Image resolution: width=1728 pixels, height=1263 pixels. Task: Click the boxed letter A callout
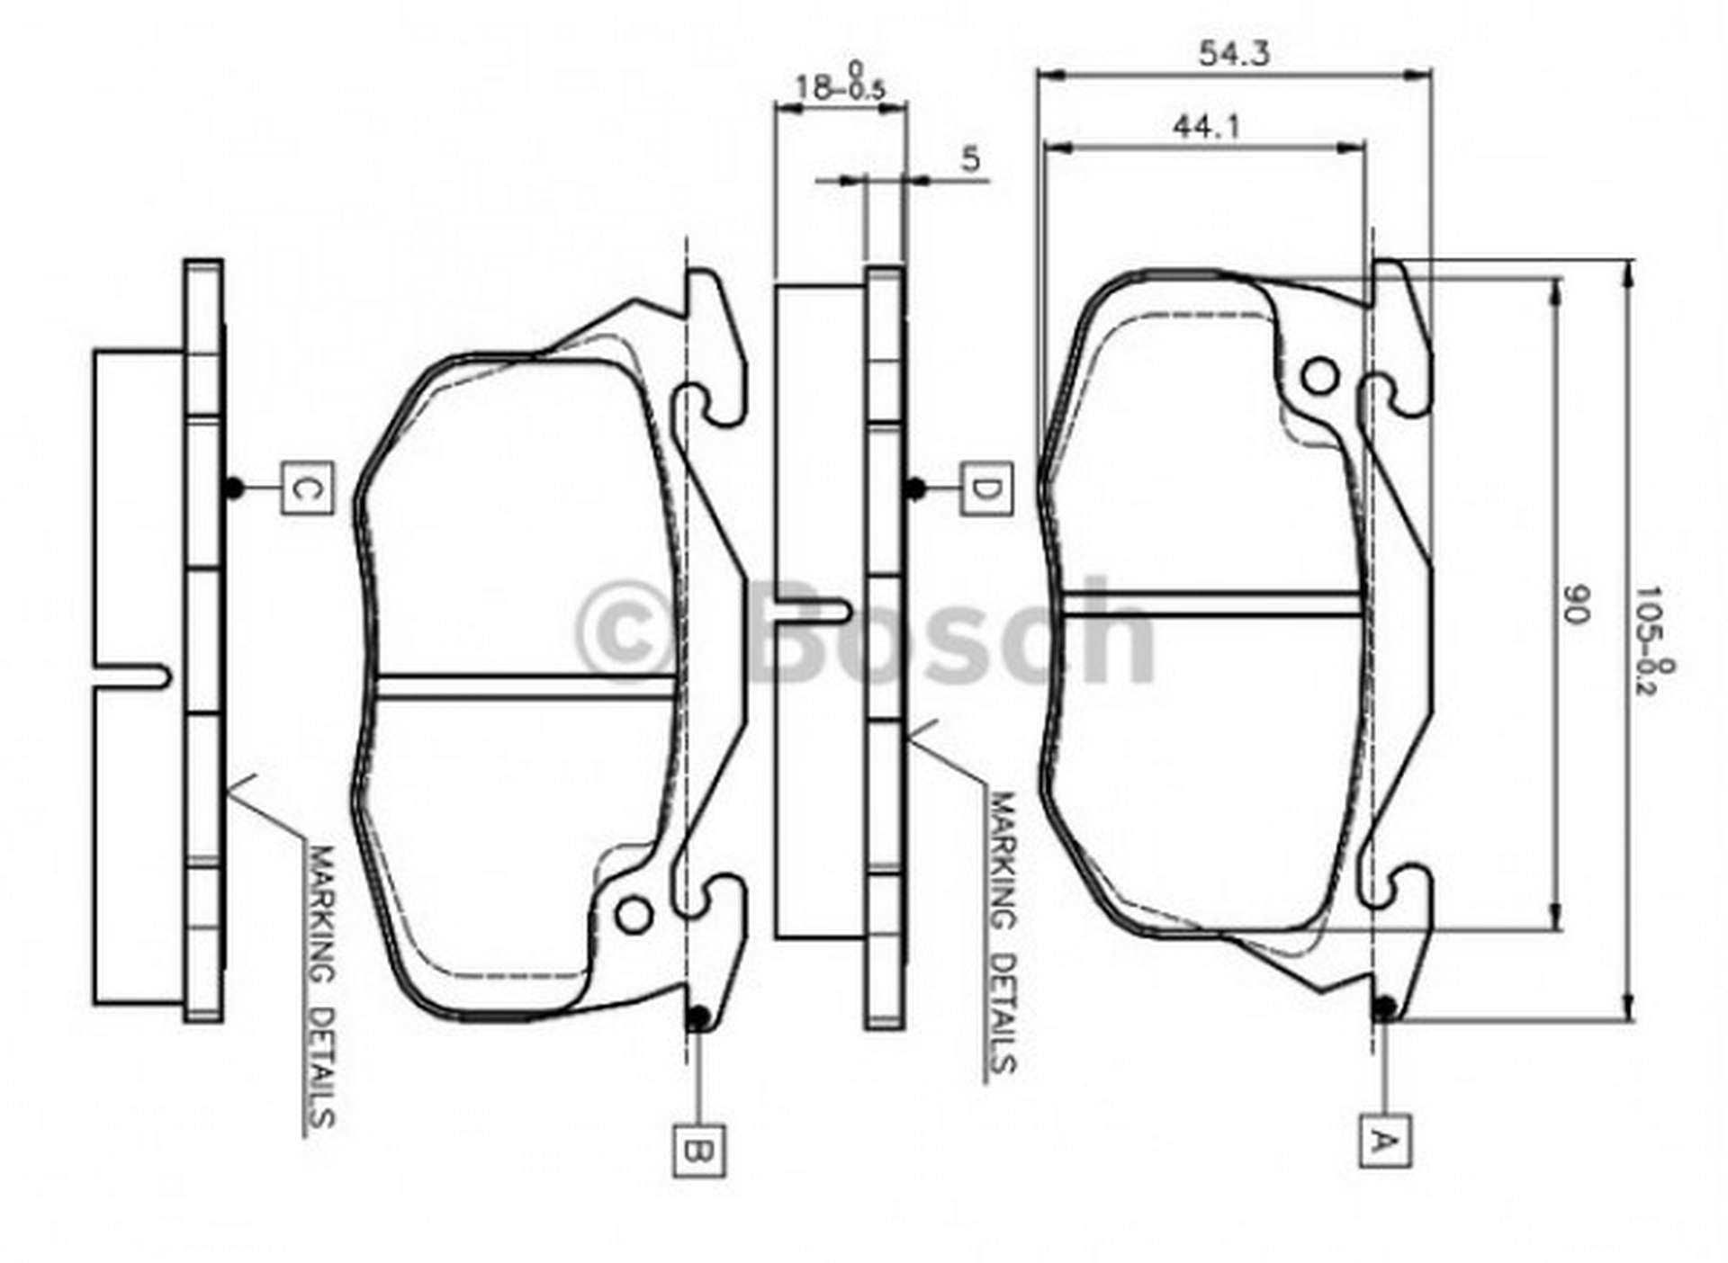pos(1385,1141)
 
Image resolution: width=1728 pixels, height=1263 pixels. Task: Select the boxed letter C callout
pos(307,488)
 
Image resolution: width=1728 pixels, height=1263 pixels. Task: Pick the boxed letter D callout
pos(985,489)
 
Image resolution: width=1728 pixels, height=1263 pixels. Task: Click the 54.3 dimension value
pos(1234,54)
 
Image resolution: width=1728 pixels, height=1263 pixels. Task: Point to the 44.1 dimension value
pos(1206,127)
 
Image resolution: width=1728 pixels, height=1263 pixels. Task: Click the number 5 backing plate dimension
pos(970,159)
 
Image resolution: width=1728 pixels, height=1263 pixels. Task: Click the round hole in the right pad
pos(1320,377)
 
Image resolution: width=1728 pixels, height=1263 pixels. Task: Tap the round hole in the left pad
pos(634,915)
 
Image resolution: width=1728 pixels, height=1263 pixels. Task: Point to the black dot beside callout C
pos(233,488)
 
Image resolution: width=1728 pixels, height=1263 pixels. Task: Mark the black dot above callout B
pos(697,1017)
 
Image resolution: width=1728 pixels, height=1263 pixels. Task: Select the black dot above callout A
pos(1385,1007)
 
